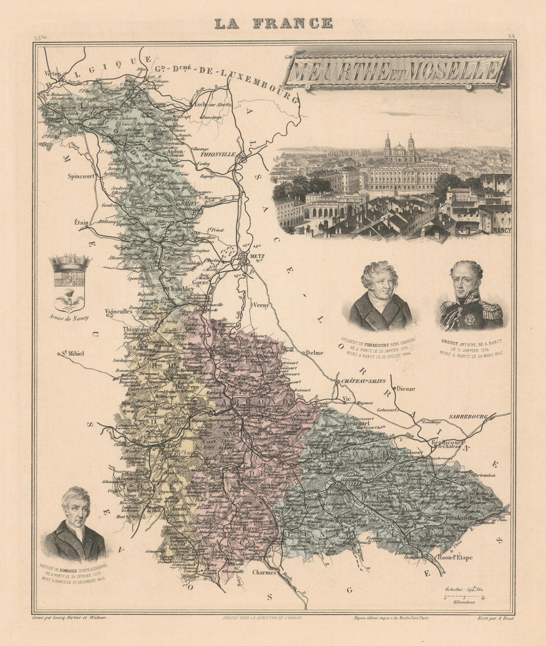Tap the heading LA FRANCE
tap(273, 23)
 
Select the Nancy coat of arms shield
tap(69, 283)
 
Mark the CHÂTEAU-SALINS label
tap(360, 381)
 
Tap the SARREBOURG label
tap(467, 416)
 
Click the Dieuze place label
tap(406, 389)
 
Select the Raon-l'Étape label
tap(455, 558)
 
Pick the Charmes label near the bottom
tap(264, 573)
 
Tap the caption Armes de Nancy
tap(69, 317)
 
